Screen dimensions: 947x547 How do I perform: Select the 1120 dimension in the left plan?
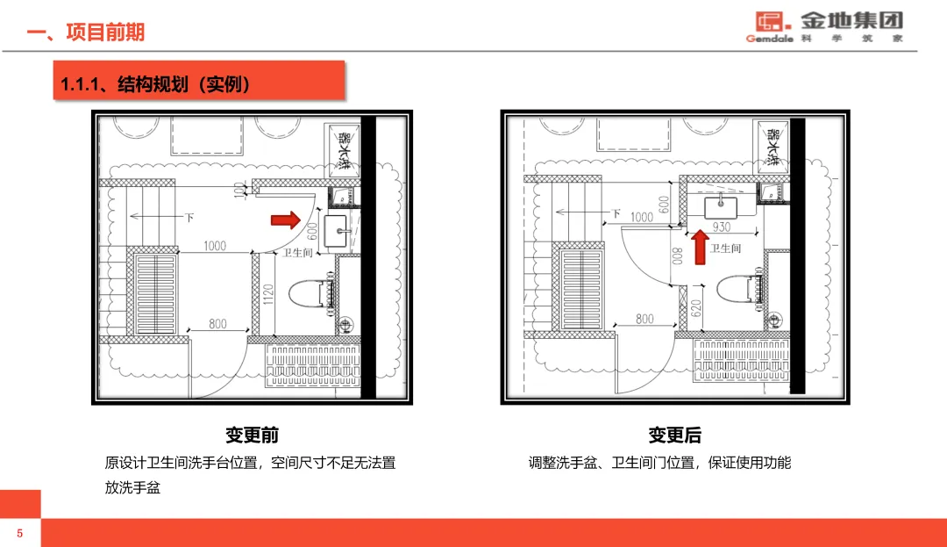pos(268,294)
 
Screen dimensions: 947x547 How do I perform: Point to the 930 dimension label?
pos(721,227)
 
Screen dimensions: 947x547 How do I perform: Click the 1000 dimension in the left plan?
pos(216,247)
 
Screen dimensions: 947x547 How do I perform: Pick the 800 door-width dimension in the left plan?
pos(217,324)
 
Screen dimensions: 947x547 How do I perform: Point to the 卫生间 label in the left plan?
pos(297,253)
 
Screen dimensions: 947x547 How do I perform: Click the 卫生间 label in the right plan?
pos(725,248)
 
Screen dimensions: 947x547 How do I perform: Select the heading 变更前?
pos(252,435)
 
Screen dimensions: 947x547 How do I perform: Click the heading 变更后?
pos(674,435)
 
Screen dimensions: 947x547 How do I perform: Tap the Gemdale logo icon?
pos(767,21)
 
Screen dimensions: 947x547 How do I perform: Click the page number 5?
pos(19,533)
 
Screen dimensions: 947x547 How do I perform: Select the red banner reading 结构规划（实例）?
pos(197,84)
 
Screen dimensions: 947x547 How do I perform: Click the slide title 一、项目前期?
pos(85,32)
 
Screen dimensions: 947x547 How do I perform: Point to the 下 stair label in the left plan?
pos(189,217)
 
